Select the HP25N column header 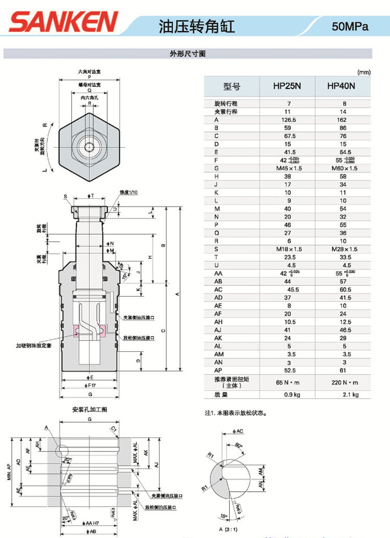pyautogui.click(x=289, y=86)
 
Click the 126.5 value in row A pyautogui.click(x=289, y=120)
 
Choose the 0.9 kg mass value pyautogui.click(x=289, y=395)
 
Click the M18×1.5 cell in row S pyautogui.click(x=289, y=249)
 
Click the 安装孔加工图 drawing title pyautogui.click(x=89, y=409)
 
